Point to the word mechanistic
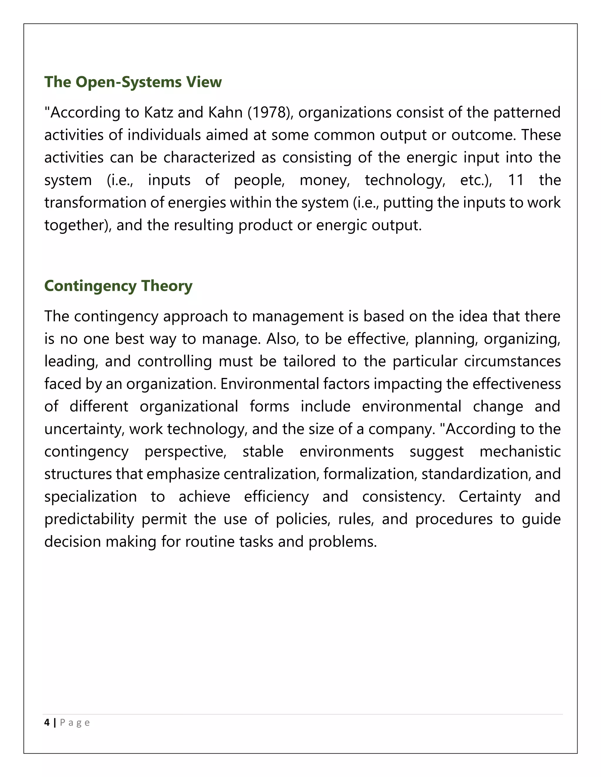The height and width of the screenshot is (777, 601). pyautogui.click(x=520, y=452)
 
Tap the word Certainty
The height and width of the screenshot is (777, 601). pyautogui.click(x=489, y=497)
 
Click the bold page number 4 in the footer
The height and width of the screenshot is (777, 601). pyautogui.click(x=47, y=722)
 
